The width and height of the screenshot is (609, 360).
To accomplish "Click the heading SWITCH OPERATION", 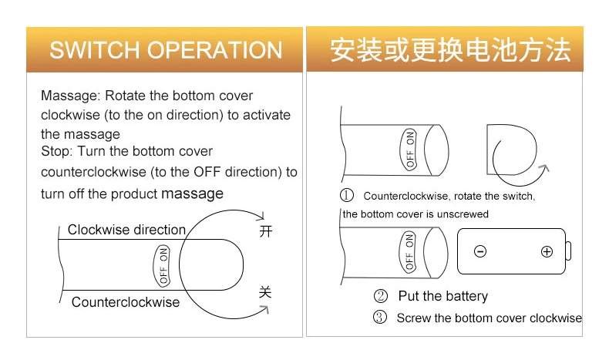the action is point(166,50).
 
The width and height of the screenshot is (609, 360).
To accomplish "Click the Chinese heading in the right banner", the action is point(450,50).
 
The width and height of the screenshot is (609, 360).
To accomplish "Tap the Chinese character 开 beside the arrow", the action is point(266,231).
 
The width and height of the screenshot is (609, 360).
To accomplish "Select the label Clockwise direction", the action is point(126,230).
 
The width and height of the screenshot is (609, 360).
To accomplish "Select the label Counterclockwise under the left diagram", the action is point(125,301).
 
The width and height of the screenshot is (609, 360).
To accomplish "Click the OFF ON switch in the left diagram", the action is point(163,265).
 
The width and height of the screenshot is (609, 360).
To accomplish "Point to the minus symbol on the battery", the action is point(479,251).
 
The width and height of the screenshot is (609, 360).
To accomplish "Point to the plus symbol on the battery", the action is point(547,251).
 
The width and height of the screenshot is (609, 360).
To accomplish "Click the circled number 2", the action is point(380,296).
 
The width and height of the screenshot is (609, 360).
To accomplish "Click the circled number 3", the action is point(380,318).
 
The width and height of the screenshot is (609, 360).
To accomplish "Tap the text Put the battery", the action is point(442,296).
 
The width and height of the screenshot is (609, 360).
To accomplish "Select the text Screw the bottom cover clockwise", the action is point(489,318).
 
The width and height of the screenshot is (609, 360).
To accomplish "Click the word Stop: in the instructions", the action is point(59,151).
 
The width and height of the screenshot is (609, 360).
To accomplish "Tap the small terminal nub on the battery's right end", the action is point(569,251).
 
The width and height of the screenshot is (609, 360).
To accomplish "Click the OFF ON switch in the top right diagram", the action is point(410,149).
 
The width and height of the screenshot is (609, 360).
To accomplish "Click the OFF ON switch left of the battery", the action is point(409,251).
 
